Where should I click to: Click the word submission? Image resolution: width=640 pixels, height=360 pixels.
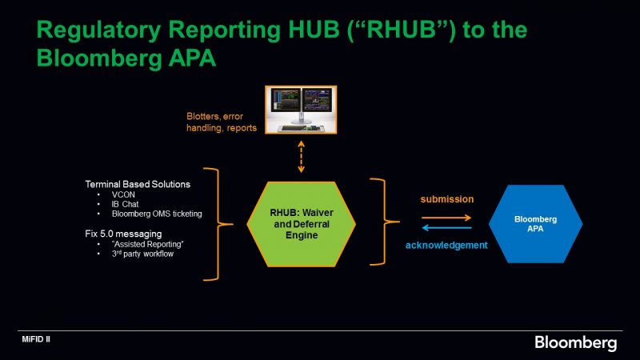click(447, 199)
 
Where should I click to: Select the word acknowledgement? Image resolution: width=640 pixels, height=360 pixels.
click(447, 246)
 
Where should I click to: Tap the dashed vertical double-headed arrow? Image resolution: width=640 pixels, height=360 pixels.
click(301, 155)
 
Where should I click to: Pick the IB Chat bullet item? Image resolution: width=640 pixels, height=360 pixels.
click(125, 203)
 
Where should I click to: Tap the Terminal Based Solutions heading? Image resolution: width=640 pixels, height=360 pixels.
click(138, 184)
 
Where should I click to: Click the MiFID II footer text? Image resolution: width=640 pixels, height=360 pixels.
click(36, 340)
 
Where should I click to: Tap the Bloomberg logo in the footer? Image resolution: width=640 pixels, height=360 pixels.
click(575, 343)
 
